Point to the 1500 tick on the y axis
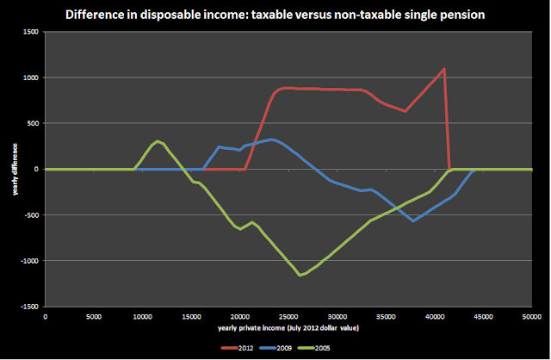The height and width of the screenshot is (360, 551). click(32, 32)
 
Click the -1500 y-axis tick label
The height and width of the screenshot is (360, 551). click(30, 307)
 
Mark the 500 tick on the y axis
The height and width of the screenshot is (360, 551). click(34, 123)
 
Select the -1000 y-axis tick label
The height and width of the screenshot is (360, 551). click(30, 261)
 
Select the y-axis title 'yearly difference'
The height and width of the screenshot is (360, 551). click(15, 169)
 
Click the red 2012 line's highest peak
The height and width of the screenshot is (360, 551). click(443, 69)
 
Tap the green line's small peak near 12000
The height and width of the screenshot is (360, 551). click(158, 140)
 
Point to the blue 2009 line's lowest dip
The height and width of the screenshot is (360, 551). click(414, 221)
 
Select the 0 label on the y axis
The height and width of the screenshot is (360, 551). click(37, 169)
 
